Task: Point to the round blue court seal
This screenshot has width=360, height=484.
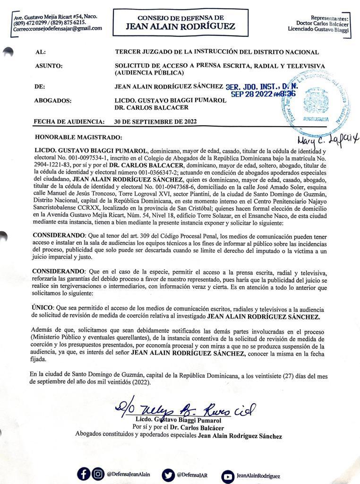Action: click(315, 100)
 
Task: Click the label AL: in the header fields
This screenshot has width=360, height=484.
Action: click(41, 52)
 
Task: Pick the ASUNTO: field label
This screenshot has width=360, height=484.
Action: click(49, 66)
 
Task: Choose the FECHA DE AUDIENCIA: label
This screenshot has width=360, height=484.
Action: click(69, 121)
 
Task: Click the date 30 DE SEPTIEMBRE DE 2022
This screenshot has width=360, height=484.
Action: click(155, 121)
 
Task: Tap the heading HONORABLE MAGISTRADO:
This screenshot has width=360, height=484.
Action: click(78, 137)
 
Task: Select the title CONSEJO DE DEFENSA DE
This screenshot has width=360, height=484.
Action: click(180, 17)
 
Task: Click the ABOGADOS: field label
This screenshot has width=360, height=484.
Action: click(53, 101)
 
